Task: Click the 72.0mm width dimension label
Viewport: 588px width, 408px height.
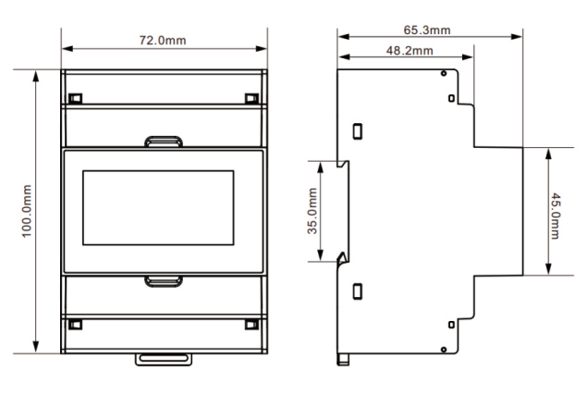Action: click(163, 40)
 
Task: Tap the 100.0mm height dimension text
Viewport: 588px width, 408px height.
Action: click(26, 211)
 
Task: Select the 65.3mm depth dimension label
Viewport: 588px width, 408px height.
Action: click(427, 30)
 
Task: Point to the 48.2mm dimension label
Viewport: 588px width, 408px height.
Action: click(410, 50)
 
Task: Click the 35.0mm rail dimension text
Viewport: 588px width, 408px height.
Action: click(312, 211)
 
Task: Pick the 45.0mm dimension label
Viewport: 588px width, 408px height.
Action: click(556, 216)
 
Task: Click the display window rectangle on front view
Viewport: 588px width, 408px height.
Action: click(158, 207)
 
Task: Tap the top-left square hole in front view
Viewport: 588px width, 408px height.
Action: click(76, 98)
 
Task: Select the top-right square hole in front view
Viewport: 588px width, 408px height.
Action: click(251, 98)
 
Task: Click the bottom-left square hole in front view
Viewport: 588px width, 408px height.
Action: click(76, 325)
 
